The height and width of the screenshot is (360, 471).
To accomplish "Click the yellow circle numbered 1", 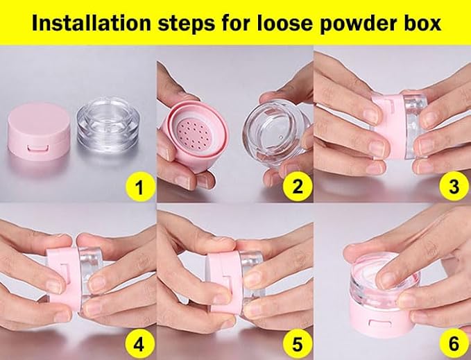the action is (139, 188).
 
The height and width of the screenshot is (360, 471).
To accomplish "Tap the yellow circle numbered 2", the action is (297, 187).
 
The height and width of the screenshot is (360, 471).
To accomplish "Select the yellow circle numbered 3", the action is (454, 187).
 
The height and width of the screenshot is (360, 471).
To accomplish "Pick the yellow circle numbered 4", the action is (139, 345).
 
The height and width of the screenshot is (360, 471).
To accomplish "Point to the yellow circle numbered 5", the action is (297, 345).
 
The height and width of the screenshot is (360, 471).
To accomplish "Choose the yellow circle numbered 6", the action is (454, 344).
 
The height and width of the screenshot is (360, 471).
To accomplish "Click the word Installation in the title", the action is (92, 23).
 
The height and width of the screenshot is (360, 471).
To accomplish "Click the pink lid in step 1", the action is (39, 131).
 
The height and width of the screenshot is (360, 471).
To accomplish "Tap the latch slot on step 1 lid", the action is (37, 148).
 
